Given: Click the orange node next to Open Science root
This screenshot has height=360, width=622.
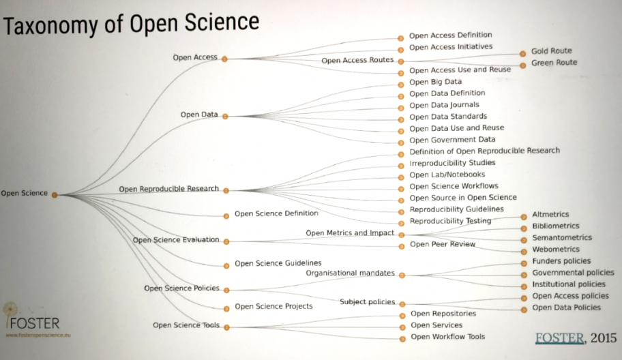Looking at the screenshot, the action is click(55, 195).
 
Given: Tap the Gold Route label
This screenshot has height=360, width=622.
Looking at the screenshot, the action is click(551, 50).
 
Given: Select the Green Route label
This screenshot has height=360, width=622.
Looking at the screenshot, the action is click(554, 62).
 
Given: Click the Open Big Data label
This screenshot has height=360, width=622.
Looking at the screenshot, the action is click(436, 82).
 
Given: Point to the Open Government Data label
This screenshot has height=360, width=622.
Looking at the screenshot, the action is click(452, 140).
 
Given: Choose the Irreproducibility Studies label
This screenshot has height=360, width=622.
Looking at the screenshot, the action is click(452, 162).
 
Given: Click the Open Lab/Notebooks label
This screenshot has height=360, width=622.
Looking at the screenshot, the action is click(447, 175).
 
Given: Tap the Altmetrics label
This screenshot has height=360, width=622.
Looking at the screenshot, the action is click(550, 214).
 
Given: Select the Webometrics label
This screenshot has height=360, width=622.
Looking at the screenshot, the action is click(556, 249).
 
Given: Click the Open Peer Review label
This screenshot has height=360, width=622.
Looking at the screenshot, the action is click(443, 244).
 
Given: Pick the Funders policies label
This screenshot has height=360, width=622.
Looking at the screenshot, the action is click(561, 261).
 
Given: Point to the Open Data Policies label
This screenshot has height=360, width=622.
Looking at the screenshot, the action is click(567, 307).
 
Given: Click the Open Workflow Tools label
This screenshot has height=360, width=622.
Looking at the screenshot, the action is click(448, 337).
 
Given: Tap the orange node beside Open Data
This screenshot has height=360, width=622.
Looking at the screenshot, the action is click(225, 117).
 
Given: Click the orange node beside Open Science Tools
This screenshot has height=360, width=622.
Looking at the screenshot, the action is click(226, 327).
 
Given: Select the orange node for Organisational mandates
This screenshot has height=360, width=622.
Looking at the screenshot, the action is click(402, 275).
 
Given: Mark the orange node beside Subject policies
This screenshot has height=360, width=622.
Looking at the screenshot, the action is click(402, 305).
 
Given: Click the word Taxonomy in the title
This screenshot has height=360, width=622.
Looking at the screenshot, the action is click(50, 26).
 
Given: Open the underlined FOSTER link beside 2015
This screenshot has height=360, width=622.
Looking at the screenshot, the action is click(560, 337).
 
